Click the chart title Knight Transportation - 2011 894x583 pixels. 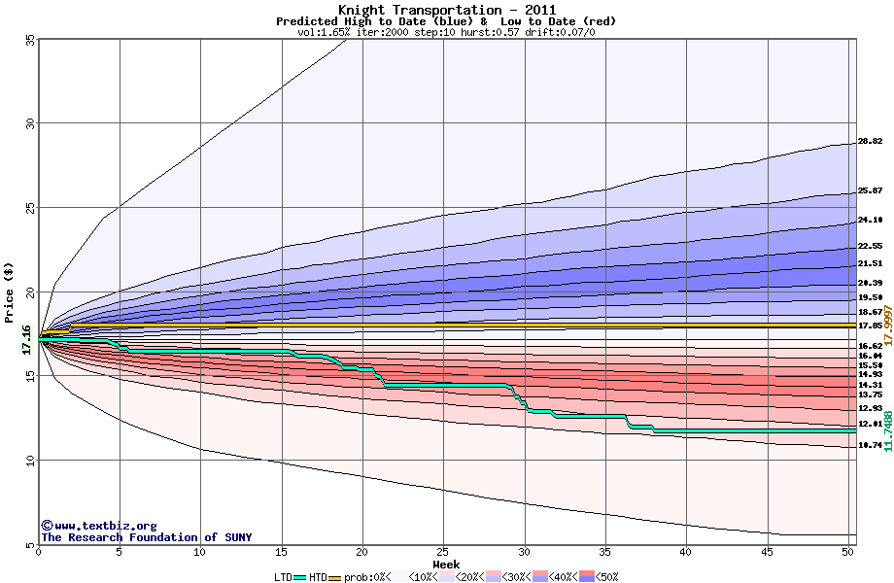point(446,10)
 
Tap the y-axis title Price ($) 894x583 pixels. point(10,291)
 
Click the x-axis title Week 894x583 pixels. point(446,564)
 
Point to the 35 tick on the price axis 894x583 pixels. point(30,39)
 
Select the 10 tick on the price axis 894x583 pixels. point(30,461)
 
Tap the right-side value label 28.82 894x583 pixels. point(870,141)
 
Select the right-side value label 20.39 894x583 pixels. point(870,283)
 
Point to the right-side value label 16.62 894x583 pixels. point(870,346)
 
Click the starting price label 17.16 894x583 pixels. point(26,338)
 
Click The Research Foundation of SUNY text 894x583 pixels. point(146,537)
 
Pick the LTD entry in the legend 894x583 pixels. point(284,576)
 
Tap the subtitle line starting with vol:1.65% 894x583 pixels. point(446,32)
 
